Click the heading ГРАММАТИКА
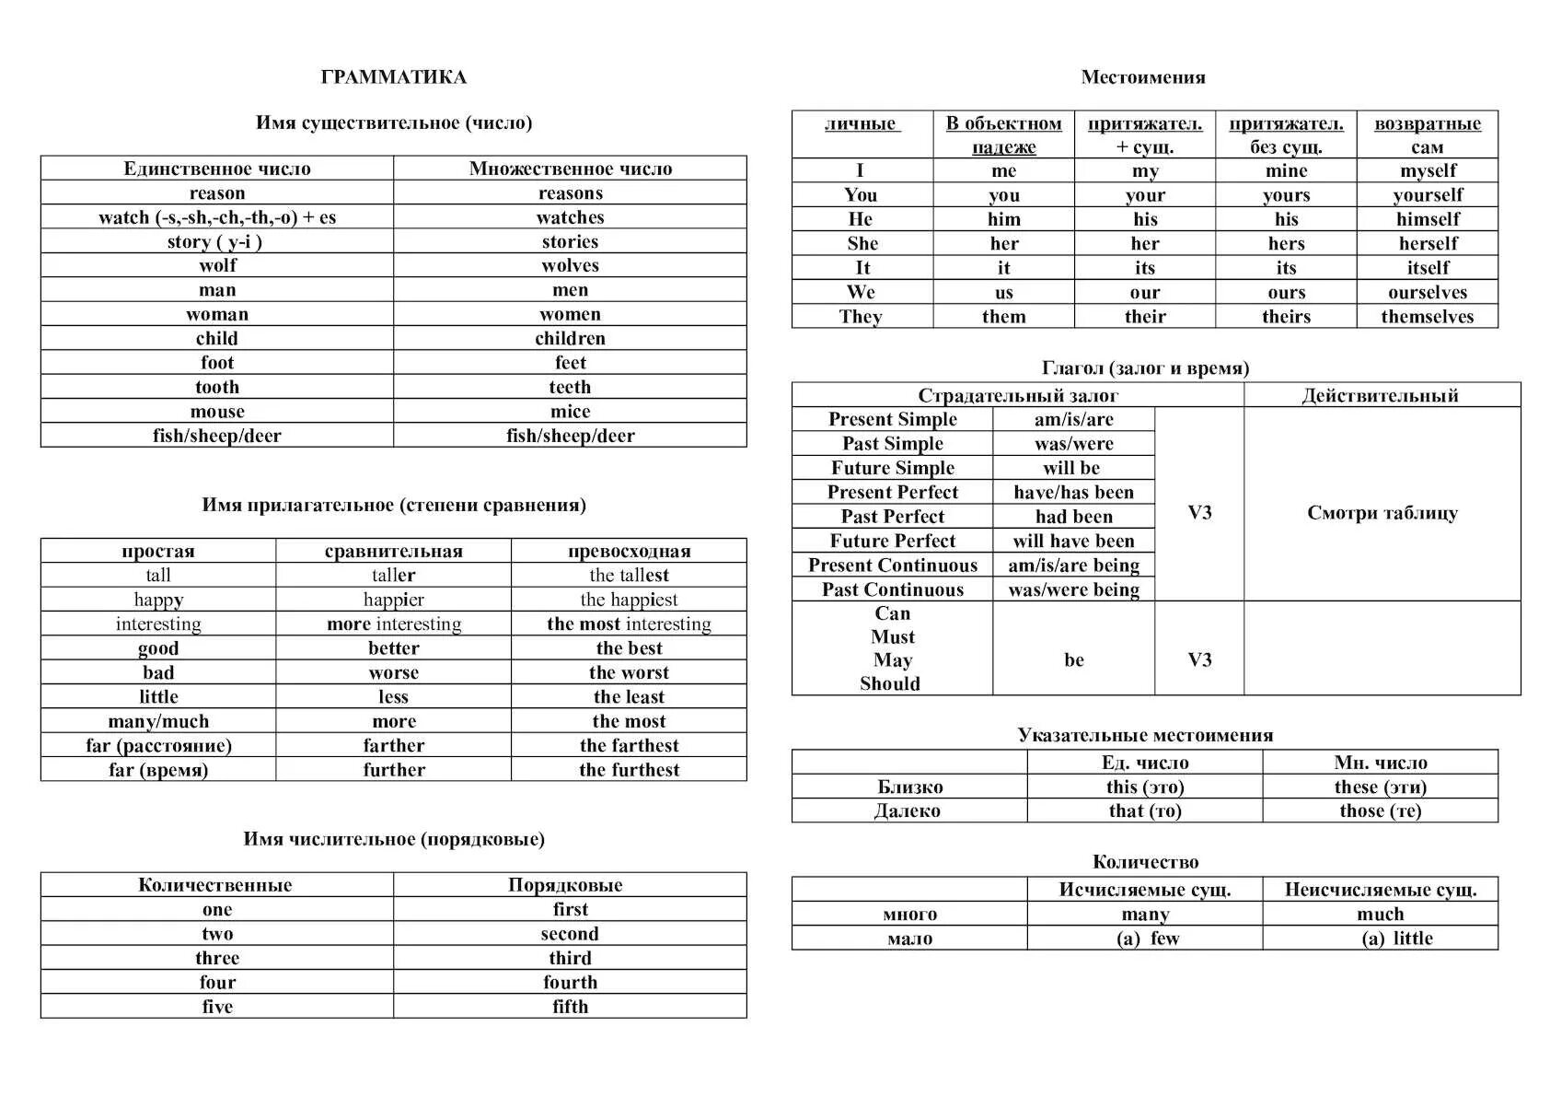393,77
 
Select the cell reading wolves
570,265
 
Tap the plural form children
570,338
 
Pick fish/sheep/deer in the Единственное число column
217,436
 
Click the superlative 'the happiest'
629,600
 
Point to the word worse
393,672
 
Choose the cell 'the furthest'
629,770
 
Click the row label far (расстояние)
158,745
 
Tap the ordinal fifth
570,1007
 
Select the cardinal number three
217,958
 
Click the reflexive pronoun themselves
1427,316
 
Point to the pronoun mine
1286,170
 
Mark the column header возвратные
1427,123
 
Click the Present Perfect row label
892,492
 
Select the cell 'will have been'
1073,541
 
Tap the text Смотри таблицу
1382,513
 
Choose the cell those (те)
1380,810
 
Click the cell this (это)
1144,787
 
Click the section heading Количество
1145,862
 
